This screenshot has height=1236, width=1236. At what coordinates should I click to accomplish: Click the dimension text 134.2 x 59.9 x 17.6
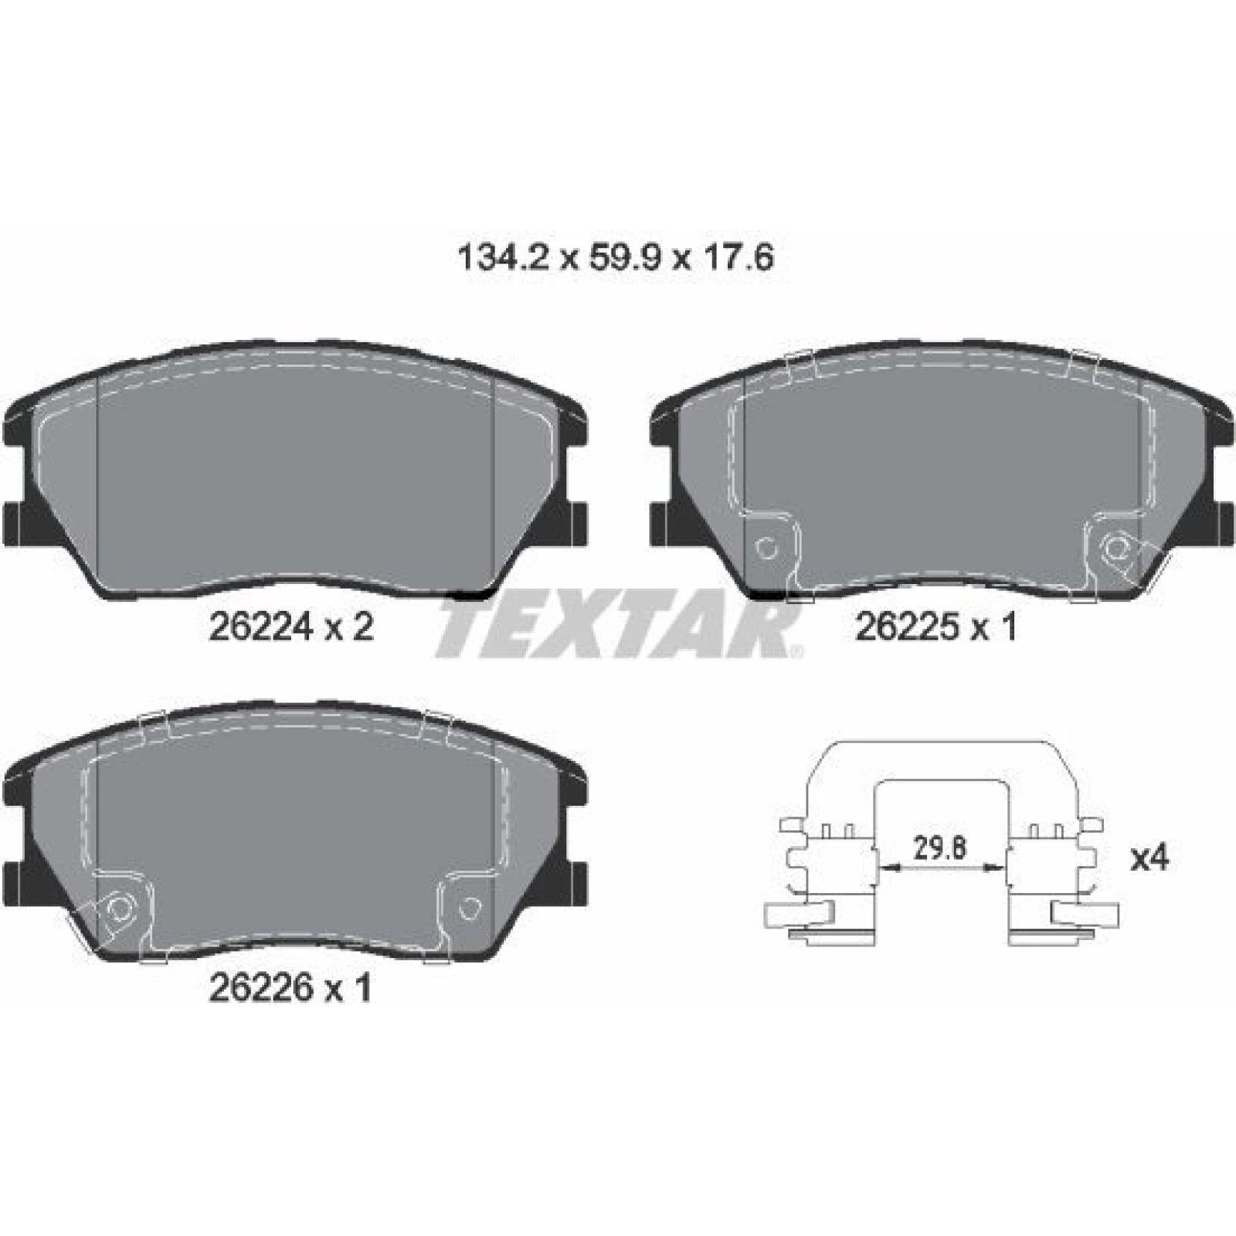pos(616,258)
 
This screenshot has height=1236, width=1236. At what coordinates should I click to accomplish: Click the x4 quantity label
pos(1150,858)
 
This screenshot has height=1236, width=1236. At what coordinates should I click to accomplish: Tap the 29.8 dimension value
pos(940,848)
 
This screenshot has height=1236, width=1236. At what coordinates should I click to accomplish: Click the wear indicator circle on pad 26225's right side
pos(1115,548)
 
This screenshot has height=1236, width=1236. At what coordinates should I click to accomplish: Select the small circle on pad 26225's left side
pos(766,548)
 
